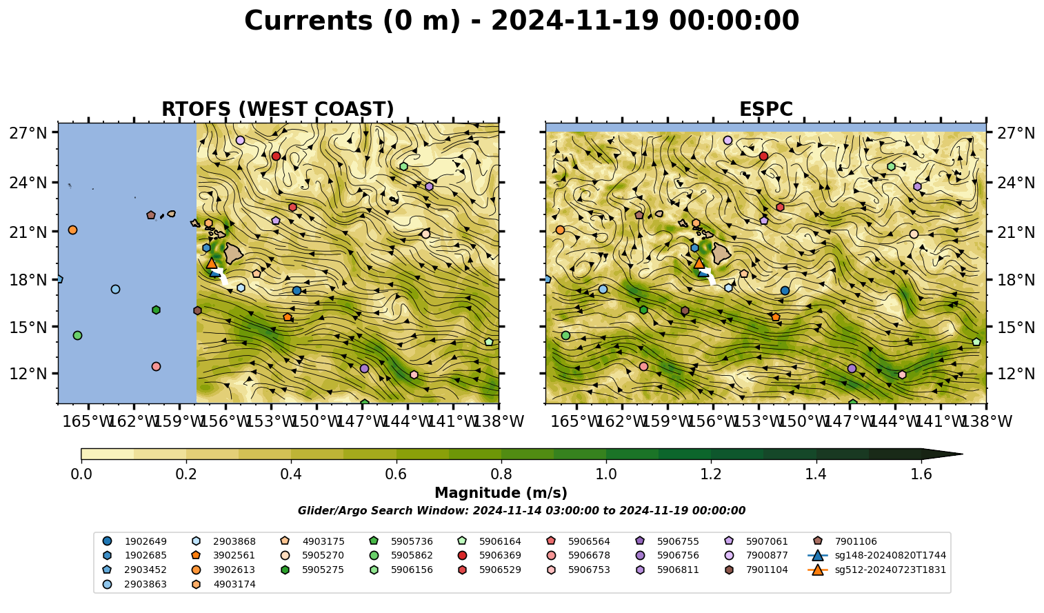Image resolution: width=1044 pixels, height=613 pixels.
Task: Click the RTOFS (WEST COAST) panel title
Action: [x=278, y=109]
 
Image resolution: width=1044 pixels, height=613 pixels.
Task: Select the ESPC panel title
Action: [x=765, y=109]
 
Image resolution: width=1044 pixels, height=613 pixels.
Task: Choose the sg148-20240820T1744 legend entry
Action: [x=876, y=555]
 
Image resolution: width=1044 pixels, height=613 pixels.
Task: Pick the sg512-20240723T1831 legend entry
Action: [x=876, y=570]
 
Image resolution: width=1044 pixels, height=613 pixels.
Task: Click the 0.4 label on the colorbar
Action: [x=291, y=474]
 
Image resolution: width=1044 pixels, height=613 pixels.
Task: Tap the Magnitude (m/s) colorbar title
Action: [x=501, y=493]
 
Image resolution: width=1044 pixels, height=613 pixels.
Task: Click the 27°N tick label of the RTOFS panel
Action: [x=28, y=133]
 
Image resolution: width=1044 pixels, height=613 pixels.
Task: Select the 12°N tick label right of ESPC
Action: [x=1016, y=374]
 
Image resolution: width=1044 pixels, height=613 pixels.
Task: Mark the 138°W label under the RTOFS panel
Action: [x=499, y=421]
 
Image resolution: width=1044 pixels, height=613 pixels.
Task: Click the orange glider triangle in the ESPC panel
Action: [x=699, y=263]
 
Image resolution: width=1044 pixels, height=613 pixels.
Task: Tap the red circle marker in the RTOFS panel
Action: [x=276, y=156]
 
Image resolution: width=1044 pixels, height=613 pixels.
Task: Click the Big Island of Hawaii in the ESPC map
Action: [x=721, y=253]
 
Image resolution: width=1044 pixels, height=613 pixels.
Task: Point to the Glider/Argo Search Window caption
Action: [x=521, y=511]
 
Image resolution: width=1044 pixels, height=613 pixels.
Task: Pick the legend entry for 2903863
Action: [x=135, y=584]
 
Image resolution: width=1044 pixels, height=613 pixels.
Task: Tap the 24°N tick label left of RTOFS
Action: [x=28, y=183]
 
